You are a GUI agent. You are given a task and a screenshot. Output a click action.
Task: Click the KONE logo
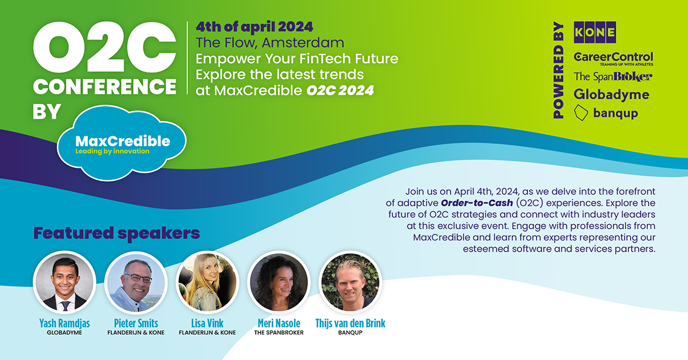[595, 32]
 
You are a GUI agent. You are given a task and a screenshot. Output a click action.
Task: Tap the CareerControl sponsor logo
[613, 58]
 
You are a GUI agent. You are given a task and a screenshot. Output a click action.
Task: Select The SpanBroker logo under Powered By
[613, 76]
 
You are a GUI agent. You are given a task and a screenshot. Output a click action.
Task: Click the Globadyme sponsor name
[611, 95]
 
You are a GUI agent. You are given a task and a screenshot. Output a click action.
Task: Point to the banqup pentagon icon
[581, 113]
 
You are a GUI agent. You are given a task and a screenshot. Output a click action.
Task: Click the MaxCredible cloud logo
[122, 143]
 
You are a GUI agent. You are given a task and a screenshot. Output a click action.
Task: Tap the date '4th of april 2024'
[255, 27]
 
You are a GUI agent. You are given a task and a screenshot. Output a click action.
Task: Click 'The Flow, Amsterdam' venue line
[270, 42]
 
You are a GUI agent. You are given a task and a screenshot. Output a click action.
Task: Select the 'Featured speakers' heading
[116, 233]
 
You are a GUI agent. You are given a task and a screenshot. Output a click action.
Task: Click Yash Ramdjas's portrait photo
[64, 283]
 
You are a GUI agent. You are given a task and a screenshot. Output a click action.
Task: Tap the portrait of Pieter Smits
[136, 283]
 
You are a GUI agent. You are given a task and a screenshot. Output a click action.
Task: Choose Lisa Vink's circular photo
[208, 283]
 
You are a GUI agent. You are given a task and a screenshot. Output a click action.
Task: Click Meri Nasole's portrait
[279, 283]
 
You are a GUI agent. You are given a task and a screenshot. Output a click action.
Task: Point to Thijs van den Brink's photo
[350, 283]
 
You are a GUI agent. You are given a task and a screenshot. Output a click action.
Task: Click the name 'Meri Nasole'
[279, 323]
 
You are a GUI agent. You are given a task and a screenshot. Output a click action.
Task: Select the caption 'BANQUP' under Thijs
[350, 332]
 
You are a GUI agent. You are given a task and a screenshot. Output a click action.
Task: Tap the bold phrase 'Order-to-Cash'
[476, 203]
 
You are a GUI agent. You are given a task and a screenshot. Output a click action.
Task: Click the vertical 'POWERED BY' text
[558, 70]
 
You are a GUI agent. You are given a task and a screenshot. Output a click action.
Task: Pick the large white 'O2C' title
[105, 48]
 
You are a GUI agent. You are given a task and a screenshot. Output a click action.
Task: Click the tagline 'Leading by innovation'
[112, 151]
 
